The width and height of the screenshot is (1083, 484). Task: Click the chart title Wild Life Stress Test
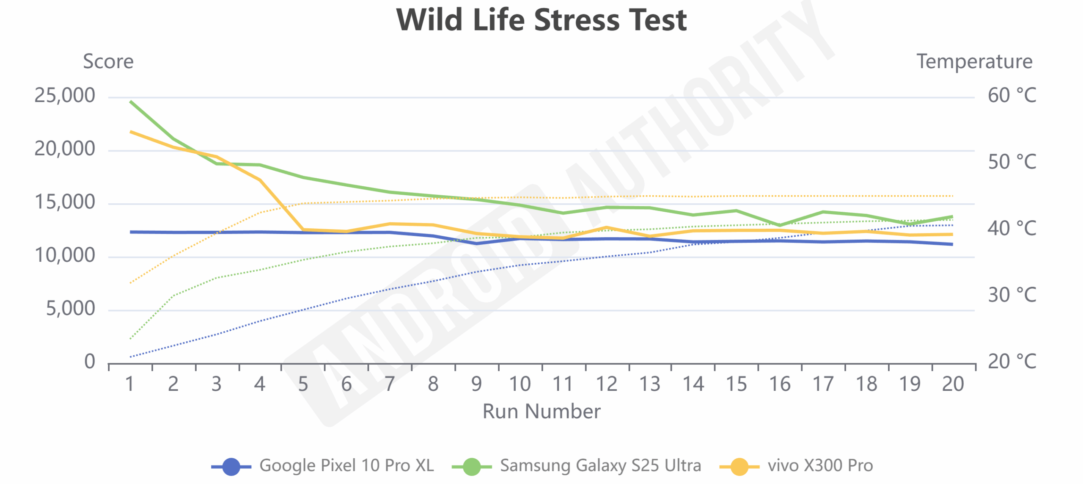click(541, 20)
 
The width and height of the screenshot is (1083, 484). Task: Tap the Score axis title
click(108, 62)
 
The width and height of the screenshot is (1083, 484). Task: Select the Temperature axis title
click(974, 62)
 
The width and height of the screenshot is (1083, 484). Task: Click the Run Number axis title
click(541, 411)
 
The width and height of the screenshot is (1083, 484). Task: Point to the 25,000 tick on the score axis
click(65, 96)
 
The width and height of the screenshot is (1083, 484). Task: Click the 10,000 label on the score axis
click(65, 256)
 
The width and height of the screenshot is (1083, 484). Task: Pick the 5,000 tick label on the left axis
click(70, 309)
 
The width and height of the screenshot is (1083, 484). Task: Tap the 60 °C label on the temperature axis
click(1012, 96)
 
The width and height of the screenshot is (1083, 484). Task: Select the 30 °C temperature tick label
click(1012, 295)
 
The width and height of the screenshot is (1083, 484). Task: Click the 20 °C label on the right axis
click(1012, 362)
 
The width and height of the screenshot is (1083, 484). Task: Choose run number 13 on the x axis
click(650, 384)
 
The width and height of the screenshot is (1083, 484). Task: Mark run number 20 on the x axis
click(953, 384)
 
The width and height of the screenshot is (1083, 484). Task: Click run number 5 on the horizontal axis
click(303, 384)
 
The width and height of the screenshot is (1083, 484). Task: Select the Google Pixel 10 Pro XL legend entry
click(323, 466)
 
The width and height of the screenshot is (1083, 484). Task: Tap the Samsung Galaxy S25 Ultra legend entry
click(576, 466)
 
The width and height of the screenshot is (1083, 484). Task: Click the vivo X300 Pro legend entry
click(796, 466)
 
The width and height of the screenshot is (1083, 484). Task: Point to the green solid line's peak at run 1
click(131, 102)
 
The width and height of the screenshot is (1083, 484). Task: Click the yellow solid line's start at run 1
click(131, 132)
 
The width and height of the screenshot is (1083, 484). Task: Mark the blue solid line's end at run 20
click(952, 244)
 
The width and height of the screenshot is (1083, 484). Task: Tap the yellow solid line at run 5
click(303, 230)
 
